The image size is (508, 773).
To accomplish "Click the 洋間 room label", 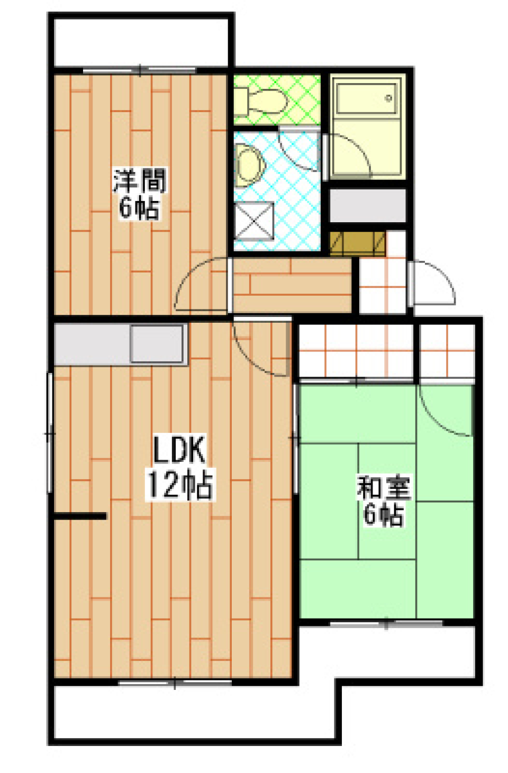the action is tap(140, 180).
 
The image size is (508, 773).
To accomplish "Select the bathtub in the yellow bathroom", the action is tap(367, 98).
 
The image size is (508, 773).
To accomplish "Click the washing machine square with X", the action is tap(253, 221).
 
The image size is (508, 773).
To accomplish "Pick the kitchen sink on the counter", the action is tap(157, 344).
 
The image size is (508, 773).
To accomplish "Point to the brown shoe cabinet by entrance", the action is tap(357, 243).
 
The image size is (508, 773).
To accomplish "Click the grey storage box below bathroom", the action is tap(368, 205).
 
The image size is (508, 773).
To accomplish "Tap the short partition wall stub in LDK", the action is tap(80, 516).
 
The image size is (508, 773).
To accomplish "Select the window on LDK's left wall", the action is tap(50, 433).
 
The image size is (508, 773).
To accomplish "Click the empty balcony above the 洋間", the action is tap(141, 42).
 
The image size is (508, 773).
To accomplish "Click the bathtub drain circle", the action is tap(389, 98).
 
